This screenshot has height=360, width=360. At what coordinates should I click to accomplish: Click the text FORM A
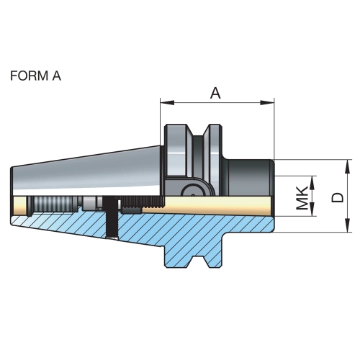pos(35,76)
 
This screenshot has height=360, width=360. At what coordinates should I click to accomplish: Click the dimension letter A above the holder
pos(215,93)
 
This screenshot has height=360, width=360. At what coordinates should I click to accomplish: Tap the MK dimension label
pos(302,198)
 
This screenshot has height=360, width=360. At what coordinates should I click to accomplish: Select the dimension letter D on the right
pos(338,197)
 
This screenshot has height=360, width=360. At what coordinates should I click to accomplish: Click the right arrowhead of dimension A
pos(267,103)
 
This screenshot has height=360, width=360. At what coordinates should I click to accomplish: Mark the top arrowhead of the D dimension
pos(347,166)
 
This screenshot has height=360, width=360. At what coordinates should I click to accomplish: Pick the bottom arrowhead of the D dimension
pos(347,225)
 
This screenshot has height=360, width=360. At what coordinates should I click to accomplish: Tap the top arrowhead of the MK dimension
pos(312,183)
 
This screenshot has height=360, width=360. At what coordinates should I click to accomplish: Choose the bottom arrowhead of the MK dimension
pos(312,210)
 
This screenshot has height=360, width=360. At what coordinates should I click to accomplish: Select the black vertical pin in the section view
pos(111,217)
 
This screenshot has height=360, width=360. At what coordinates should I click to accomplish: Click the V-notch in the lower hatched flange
pos(198,261)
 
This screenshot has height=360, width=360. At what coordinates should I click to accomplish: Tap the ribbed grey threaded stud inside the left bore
pos(53,204)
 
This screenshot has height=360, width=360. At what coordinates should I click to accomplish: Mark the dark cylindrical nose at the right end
pos(250,178)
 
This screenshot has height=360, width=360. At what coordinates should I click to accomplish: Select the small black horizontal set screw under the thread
pos(131,210)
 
